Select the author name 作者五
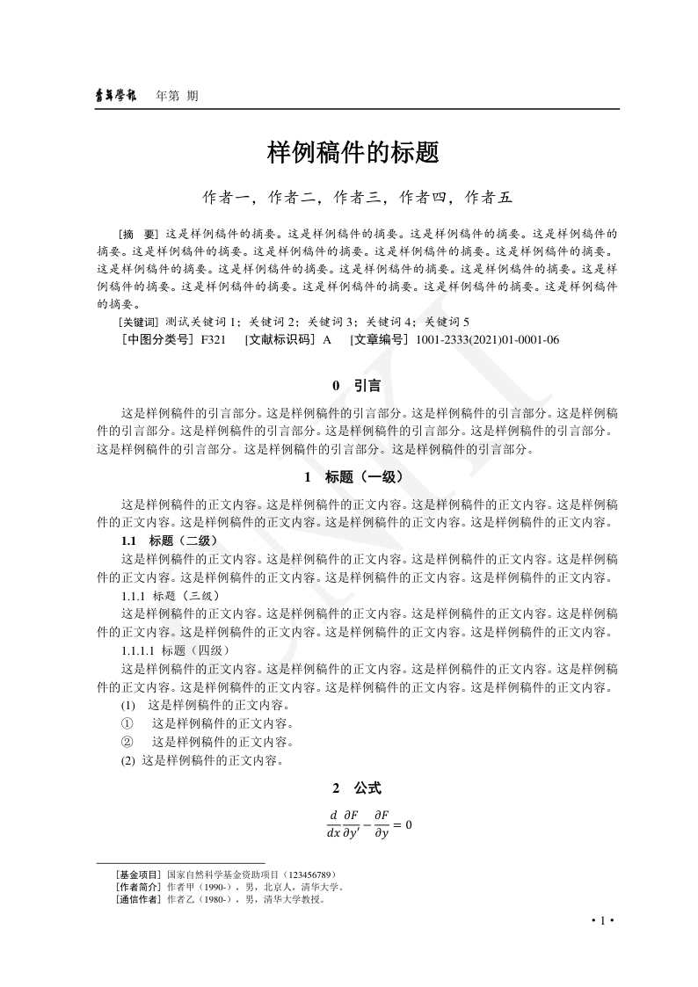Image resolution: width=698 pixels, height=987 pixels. [x=488, y=198]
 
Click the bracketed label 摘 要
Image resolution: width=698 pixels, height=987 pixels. [x=139, y=235]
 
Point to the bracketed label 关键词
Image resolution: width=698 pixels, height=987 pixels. [x=138, y=322]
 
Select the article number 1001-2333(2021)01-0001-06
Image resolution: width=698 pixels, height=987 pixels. [x=487, y=339]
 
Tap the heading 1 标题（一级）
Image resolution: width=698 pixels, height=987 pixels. [x=353, y=477]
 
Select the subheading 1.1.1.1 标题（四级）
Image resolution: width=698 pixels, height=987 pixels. [x=175, y=650]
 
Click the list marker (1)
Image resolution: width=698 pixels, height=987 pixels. [x=128, y=706]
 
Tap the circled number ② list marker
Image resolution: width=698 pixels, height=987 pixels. [x=126, y=743]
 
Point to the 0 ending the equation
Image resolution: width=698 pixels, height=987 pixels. [x=408, y=825]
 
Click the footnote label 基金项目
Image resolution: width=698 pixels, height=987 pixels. [x=138, y=875]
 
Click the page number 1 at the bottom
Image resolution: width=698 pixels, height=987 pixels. [x=602, y=920]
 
